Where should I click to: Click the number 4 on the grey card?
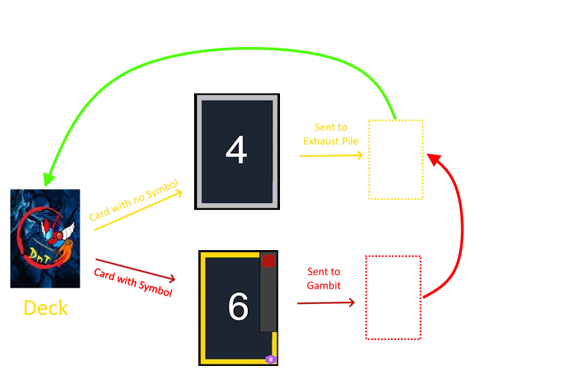coord(236,150)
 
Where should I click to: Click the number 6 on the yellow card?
coord(238,306)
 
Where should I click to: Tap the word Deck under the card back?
coord(46,308)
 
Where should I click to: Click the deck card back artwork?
coord(45,239)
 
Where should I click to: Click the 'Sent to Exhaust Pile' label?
coord(331,134)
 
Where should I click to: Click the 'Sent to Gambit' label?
coord(324,279)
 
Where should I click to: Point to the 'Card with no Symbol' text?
coord(134,200)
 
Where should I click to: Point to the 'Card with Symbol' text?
coord(133,283)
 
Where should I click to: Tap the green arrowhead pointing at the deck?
coord(48,179)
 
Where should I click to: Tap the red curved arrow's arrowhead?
coord(435,159)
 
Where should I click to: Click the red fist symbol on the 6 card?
coord(268,260)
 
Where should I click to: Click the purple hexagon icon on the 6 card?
coord(270,359)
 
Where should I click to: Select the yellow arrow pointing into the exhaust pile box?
coord(331,155)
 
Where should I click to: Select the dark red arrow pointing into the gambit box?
coord(326,303)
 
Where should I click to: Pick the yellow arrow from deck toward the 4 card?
coord(138,210)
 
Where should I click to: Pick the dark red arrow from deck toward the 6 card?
coord(135,270)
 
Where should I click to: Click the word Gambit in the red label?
coord(324,286)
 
